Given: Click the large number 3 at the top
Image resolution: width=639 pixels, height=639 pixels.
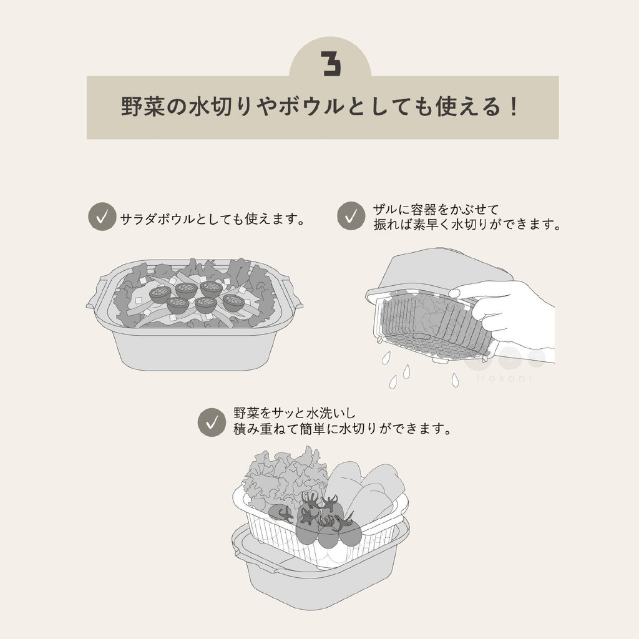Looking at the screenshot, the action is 331,64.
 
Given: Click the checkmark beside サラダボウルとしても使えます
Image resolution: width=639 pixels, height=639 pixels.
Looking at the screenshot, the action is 102,217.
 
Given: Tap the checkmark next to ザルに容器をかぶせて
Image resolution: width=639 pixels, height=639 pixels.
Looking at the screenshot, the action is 351,216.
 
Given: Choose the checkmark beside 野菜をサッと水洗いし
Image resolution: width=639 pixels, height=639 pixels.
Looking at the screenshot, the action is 212,422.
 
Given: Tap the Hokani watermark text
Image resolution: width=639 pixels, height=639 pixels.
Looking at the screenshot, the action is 504,378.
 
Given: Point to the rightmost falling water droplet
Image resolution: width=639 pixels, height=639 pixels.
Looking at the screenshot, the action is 455,380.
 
